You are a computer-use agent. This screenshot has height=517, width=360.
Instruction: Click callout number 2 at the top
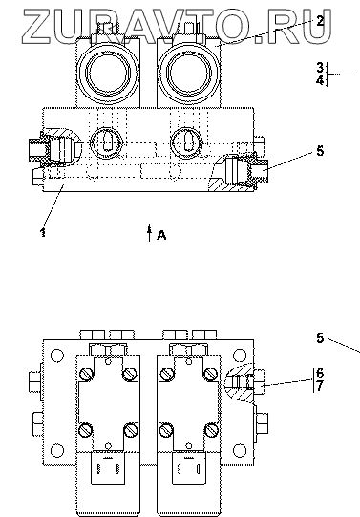pos(320,21)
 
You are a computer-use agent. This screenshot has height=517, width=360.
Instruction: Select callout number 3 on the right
pos(320,68)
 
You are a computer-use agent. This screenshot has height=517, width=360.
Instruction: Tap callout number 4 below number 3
pos(320,80)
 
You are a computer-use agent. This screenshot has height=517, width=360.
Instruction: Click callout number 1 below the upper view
pos(43,232)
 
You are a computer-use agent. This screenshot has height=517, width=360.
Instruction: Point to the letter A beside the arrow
pos(161,235)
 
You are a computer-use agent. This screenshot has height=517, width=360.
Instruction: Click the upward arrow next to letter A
pos(150,232)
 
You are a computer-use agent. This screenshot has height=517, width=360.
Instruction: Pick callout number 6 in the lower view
pos(320,374)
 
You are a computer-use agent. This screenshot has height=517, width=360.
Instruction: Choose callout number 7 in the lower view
pos(320,386)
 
